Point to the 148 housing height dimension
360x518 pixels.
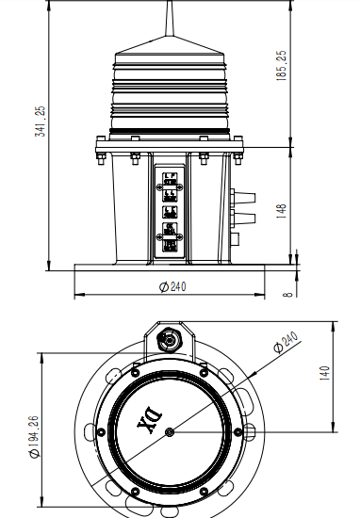[281, 210]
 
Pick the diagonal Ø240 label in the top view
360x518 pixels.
[285, 344]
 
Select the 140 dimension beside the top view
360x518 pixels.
[322, 373]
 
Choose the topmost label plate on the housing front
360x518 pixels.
[170, 179]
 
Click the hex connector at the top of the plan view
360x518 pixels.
[170, 337]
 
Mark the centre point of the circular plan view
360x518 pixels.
[169, 432]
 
